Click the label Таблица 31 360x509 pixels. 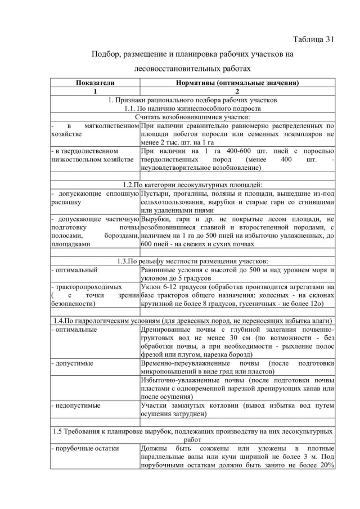click(314, 39)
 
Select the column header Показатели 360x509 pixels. click(95, 83)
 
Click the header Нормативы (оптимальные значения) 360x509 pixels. click(237, 83)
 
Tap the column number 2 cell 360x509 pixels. click(237, 91)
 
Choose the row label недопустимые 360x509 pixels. click(76, 406)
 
